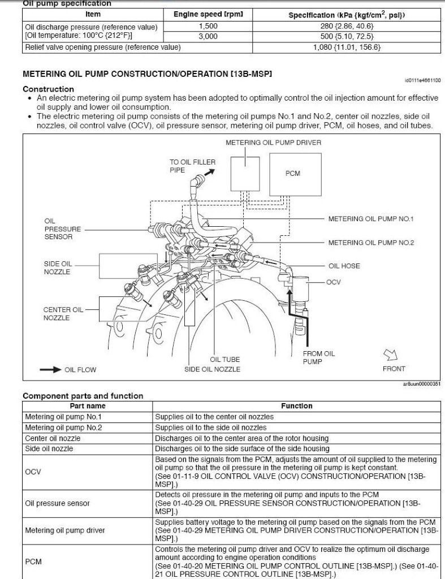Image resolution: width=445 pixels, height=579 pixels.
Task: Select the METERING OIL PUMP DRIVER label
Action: tap(273, 142)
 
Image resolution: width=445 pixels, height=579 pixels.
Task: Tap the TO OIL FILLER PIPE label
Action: tap(192, 166)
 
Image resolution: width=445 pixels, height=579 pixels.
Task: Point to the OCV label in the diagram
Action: tap(334, 282)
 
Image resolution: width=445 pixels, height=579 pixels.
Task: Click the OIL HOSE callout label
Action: tap(344, 266)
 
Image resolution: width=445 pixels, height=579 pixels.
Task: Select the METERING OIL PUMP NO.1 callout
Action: tap(371, 219)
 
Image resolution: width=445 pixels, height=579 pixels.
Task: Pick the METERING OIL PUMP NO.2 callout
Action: tap(371, 243)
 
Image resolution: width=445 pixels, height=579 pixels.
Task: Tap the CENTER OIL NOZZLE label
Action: tap(63, 314)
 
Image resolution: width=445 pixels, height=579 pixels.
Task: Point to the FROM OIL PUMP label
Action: tap(319, 357)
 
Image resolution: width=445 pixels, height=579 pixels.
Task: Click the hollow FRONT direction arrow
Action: tap(390, 355)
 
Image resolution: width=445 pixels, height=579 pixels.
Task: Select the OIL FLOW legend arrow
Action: tap(50, 370)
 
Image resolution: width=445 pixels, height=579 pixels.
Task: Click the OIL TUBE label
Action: tap(225, 360)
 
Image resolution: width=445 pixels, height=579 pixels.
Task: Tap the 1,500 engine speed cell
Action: tap(208, 26)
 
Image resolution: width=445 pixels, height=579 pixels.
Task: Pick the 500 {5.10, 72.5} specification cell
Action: tap(347, 37)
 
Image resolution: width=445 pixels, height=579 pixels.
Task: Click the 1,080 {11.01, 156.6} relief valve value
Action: tap(347, 47)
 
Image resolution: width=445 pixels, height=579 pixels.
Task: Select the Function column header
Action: tap(296, 406)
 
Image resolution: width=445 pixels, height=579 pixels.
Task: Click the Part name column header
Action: tap(87, 406)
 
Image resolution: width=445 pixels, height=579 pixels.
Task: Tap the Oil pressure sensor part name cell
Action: tap(58, 503)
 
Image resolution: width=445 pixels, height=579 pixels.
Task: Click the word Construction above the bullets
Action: tap(48, 89)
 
